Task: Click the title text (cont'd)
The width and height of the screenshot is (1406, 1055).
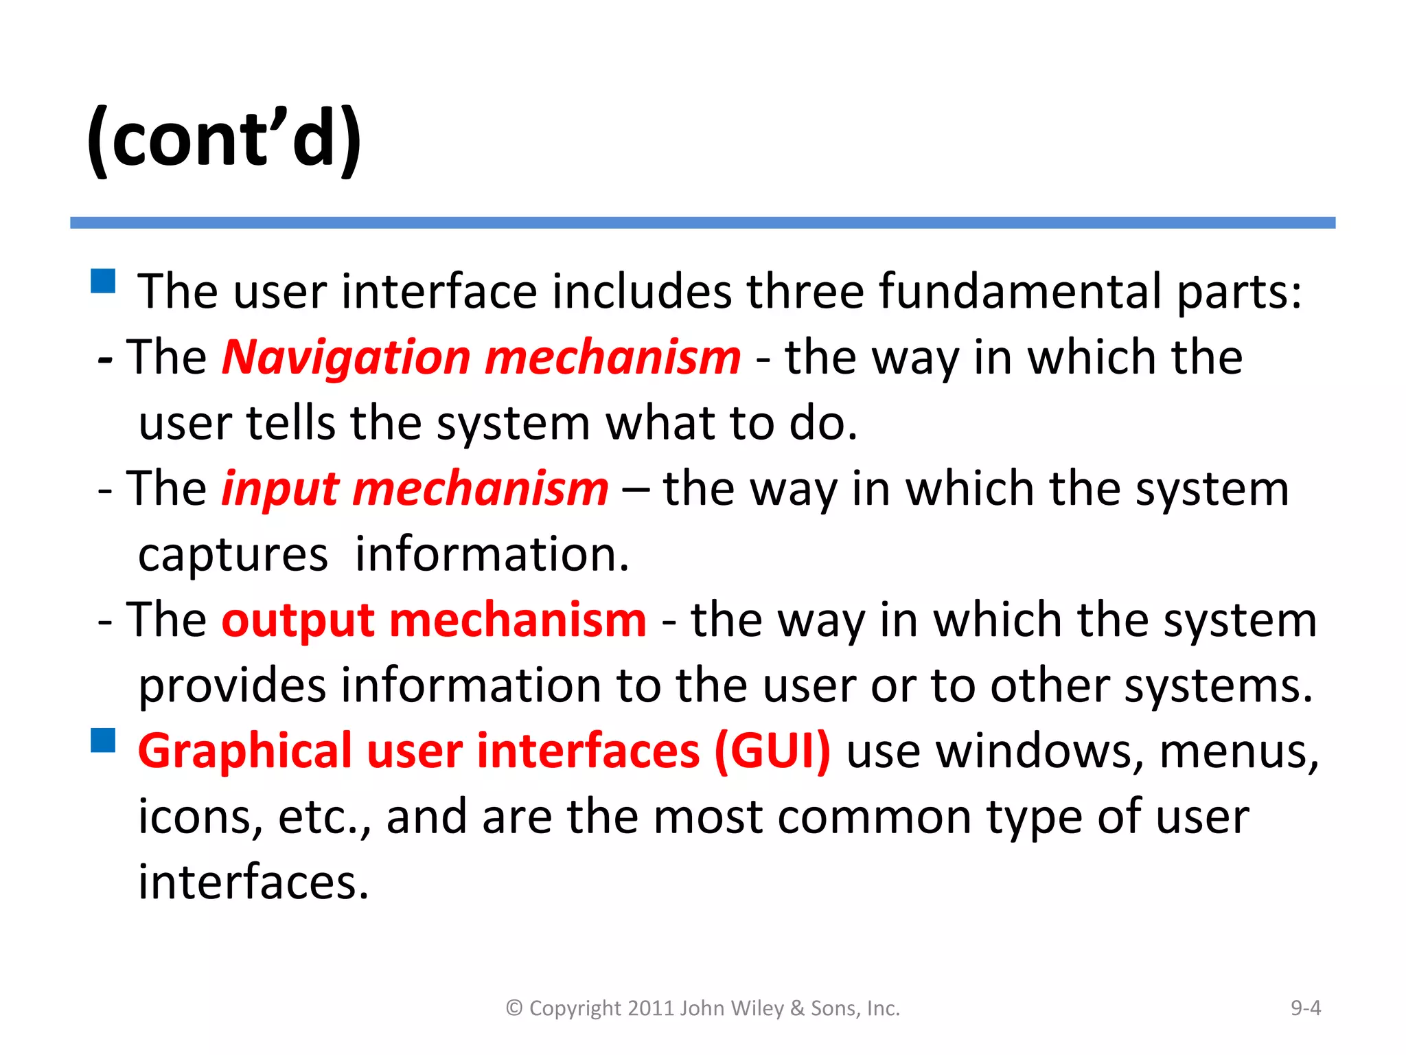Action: pyautogui.click(x=224, y=139)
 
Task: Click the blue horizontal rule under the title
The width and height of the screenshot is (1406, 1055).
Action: pyautogui.click(x=702, y=223)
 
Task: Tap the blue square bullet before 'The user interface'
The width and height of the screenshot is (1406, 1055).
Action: pyautogui.click(x=103, y=281)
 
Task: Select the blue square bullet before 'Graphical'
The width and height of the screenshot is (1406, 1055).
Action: pyautogui.click(x=103, y=740)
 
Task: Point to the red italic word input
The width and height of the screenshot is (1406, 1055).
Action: pyautogui.click(x=280, y=489)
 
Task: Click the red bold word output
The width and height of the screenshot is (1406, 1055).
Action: pyautogui.click(x=298, y=620)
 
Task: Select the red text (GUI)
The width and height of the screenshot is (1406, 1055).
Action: pyautogui.click(x=772, y=751)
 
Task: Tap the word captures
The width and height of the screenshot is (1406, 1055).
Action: pyautogui.click(x=233, y=555)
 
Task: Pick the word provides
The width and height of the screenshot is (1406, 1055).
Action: pyautogui.click(x=232, y=686)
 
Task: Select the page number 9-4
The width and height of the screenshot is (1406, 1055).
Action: pyautogui.click(x=1305, y=1008)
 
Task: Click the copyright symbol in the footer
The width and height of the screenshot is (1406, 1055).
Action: pyautogui.click(x=514, y=1008)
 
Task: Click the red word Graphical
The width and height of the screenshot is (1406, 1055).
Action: pyautogui.click(x=244, y=751)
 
